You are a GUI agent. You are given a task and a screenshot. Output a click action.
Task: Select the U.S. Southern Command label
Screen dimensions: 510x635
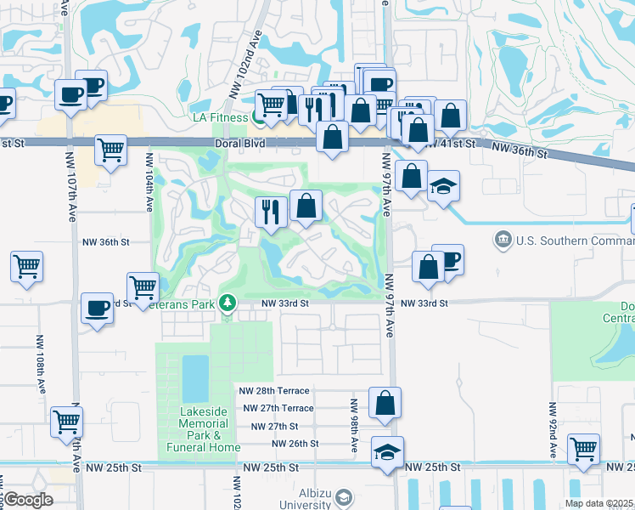tap(570, 241)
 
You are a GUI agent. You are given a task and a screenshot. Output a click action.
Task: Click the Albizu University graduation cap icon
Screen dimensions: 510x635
tap(344, 496)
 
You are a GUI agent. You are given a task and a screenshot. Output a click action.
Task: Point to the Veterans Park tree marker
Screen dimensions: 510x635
tap(227, 302)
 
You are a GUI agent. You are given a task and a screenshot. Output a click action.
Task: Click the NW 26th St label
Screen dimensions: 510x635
tap(295, 444)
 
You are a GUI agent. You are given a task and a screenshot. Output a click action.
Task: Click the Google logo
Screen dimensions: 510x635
tap(29, 500)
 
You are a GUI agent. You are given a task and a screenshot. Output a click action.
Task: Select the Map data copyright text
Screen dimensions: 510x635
tap(599, 503)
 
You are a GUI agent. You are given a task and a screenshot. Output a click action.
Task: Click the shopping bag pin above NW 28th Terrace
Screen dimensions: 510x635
tap(385, 403)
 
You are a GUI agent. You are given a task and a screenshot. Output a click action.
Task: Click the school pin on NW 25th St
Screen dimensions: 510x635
tap(388, 452)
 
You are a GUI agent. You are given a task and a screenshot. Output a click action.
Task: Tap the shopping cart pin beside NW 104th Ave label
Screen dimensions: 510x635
tap(111, 150)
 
